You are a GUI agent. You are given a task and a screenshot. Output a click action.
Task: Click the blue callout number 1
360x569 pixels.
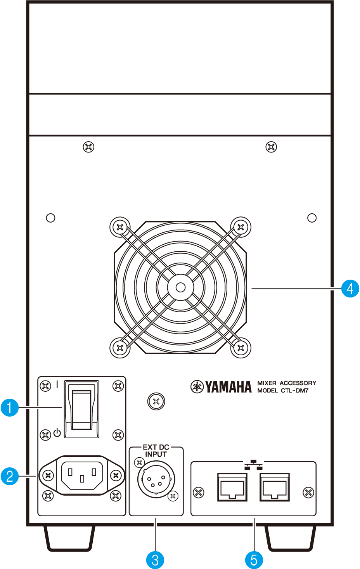coord(10,408)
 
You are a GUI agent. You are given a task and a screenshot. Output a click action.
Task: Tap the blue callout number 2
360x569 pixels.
coord(10,476)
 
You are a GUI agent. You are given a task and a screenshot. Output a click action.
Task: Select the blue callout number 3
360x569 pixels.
coord(155,560)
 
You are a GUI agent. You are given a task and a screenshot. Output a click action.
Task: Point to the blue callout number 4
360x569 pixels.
coord(350,289)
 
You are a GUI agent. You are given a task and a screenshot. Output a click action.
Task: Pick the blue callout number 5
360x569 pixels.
coord(254,560)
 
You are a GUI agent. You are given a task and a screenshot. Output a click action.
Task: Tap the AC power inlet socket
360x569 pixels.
coord(82,475)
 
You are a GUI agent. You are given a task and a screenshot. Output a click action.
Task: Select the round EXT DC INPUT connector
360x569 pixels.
coord(156,479)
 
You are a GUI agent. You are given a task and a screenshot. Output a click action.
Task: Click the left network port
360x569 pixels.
coord(232,487)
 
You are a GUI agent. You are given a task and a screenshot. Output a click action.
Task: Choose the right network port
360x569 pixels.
coord(275,487)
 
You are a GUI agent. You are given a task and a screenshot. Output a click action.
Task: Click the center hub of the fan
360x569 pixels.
coord(180,287)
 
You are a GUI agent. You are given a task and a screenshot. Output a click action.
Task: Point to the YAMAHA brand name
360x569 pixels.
coord(228,387)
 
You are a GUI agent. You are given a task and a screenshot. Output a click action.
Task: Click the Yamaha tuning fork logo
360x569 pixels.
coord(197,387)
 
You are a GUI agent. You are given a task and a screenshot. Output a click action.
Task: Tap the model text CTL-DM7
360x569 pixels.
coord(294,391)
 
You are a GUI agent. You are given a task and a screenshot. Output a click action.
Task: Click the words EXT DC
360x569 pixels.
coord(156,447)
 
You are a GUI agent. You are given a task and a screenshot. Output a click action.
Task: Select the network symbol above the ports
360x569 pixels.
coord(254,465)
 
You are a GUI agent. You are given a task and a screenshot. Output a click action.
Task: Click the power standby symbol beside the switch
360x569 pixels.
coord(57,433)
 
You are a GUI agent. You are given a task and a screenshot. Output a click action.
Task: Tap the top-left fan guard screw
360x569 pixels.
coord(120,227)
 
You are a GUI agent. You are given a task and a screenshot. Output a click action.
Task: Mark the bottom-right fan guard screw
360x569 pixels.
coord(241,348)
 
